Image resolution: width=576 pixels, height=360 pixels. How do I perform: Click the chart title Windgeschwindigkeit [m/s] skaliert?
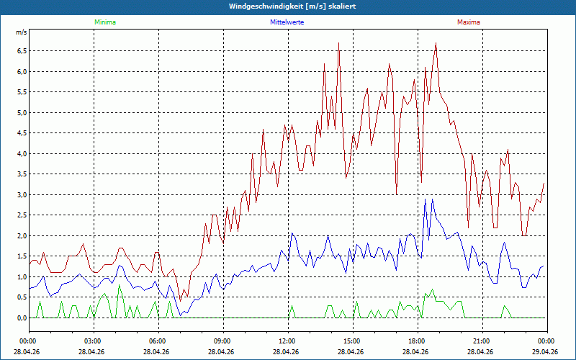coord(292,6)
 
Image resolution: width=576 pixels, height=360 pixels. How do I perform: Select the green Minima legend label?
coord(105,22)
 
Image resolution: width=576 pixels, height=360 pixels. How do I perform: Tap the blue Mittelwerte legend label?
coord(287,22)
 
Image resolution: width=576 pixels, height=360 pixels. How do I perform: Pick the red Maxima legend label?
coord(469,22)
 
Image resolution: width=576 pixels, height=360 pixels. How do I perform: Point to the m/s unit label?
coord(22,32)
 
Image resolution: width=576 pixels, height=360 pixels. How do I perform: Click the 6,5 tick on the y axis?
coord(22,50)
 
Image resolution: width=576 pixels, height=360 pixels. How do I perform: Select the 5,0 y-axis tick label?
coord(22,112)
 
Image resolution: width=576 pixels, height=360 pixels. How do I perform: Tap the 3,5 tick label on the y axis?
coord(22,174)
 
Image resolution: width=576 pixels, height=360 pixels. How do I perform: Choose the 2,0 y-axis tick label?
coord(22,236)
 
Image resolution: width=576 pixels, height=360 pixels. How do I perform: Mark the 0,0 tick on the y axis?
coord(22,318)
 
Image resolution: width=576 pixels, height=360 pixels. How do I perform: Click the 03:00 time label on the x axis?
coord(94,341)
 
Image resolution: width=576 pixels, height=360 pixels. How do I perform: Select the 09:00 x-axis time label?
coord(223,341)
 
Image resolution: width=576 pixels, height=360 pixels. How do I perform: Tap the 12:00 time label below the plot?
coord(288,341)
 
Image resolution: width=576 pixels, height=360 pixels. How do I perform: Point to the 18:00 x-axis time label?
coord(418,341)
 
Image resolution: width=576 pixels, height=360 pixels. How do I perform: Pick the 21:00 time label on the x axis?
coord(482,341)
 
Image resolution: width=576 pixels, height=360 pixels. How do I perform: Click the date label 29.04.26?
coord(545,351)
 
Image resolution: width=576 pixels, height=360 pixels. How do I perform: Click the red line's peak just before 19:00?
coord(436,43)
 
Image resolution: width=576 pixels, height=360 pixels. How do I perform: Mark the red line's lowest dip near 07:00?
coord(181,301)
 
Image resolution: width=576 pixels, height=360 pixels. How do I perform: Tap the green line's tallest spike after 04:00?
coord(119,285)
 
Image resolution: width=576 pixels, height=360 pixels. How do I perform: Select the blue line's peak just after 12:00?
coord(292,233)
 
